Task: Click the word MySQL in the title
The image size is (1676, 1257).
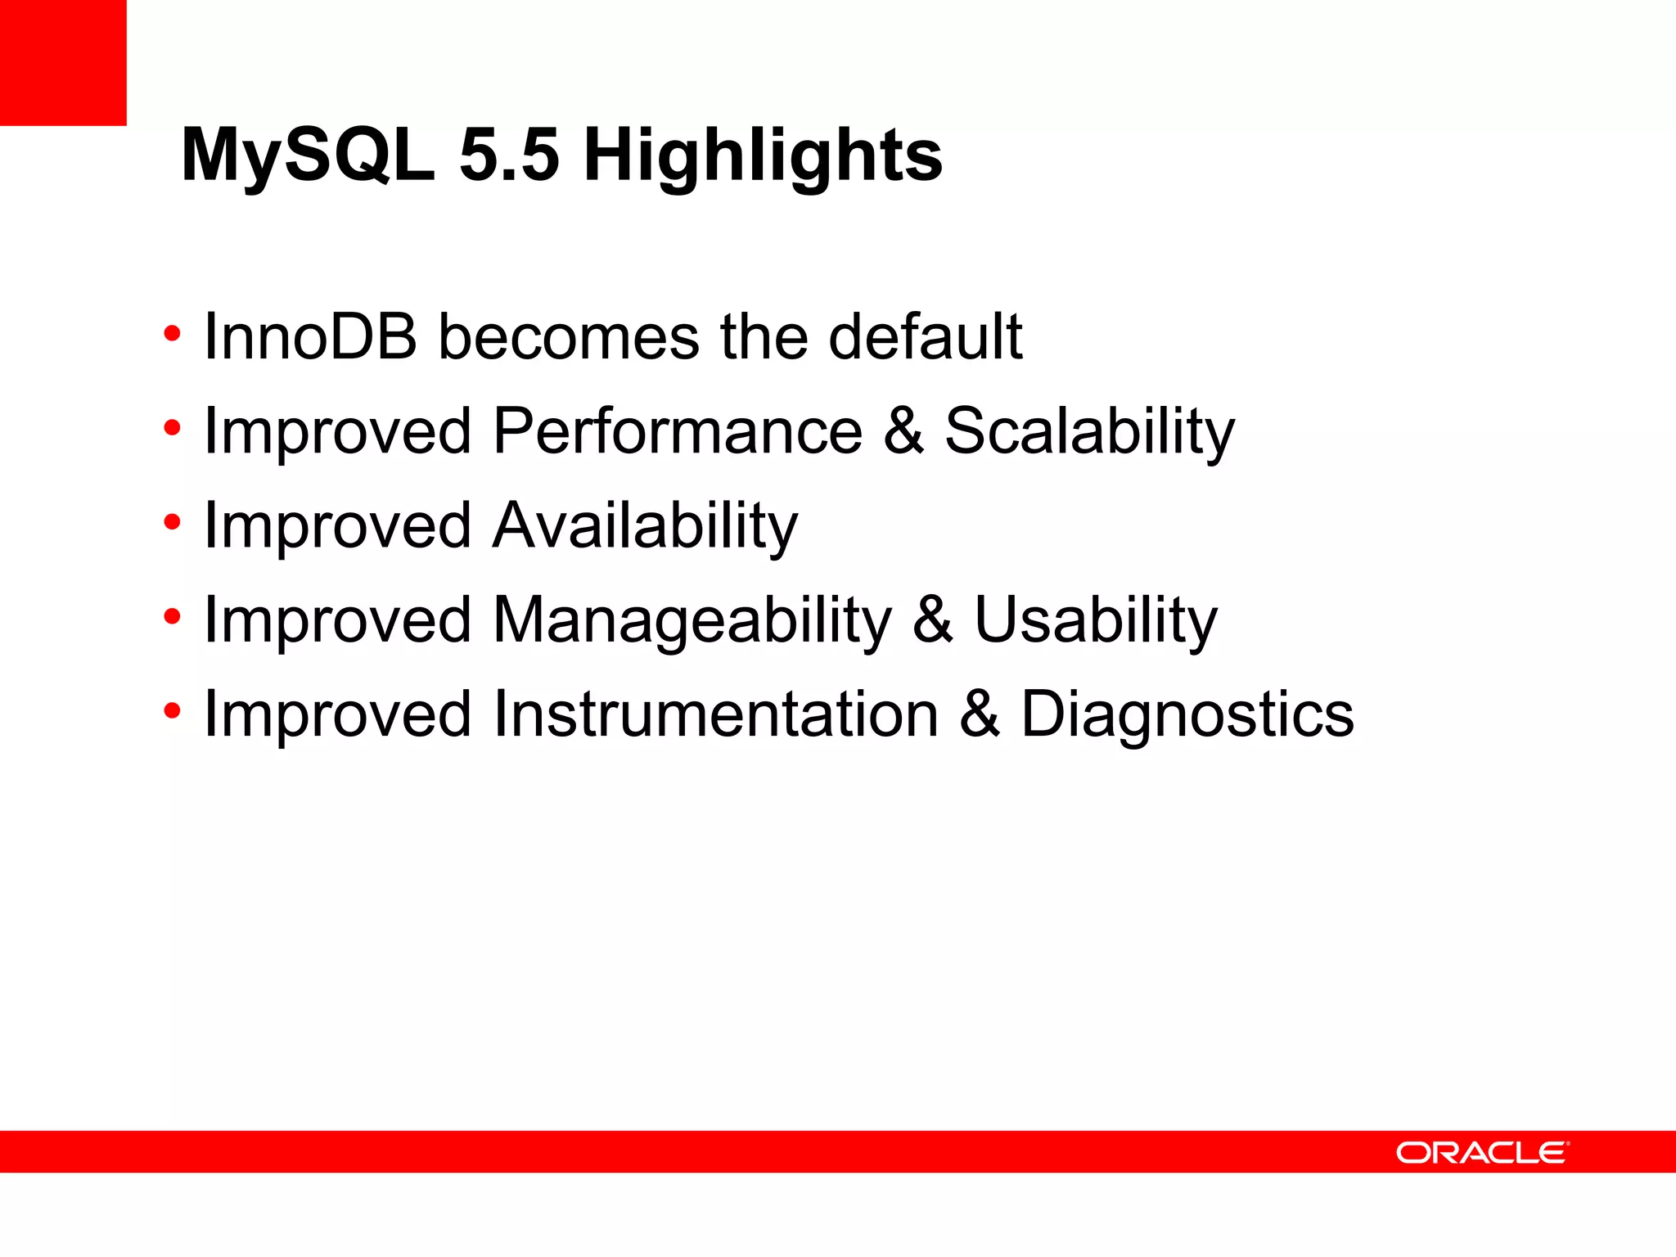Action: (307, 155)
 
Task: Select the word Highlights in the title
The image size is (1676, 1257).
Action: (763, 155)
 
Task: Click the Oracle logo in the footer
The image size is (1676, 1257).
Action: (1482, 1152)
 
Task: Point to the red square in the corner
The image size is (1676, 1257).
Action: (63, 62)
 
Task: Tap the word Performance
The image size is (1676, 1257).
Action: (677, 431)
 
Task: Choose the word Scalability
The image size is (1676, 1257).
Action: (1089, 431)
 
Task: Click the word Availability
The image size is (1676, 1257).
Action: (644, 525)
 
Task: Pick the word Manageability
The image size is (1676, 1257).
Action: (692, 620)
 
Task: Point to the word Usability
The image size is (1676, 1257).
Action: (1096, 620)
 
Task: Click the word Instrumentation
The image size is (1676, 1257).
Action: (715, 714)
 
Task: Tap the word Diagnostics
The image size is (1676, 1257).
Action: (1187, 714)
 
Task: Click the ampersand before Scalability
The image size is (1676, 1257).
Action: (903, 431)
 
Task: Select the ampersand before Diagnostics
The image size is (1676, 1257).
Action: (979, 714)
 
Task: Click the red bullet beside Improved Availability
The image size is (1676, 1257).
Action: (171, 523)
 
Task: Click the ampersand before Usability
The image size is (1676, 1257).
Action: (933, 620)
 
